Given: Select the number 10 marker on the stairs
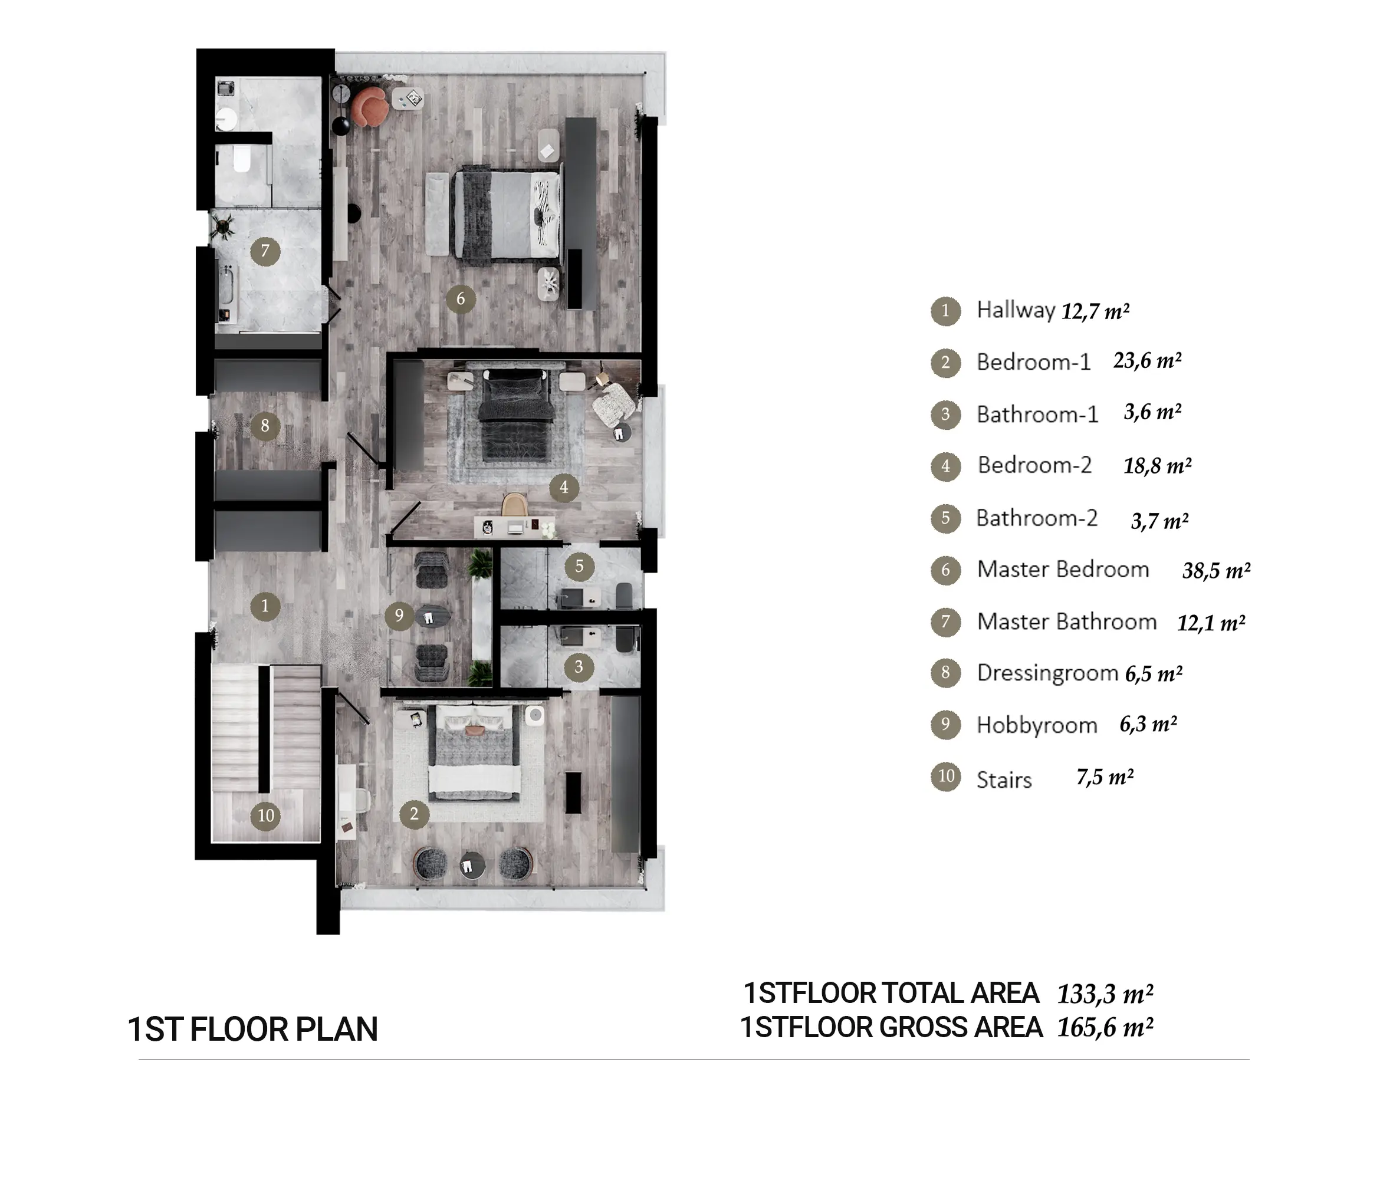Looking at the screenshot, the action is tap(266, 815).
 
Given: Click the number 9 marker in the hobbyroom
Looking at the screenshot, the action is tap(399, 615).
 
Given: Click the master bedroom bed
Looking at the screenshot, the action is tap(507, 213).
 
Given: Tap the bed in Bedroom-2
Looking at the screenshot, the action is tap(516, 413).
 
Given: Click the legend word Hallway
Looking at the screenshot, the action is tap(1016, 310).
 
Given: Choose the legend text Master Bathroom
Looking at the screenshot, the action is tap(1067, 622).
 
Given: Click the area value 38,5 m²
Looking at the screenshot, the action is tap(1215, 571).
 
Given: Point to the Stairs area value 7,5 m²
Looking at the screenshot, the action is tap(1105, 777).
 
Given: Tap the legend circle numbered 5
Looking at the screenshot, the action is tap(946, 518).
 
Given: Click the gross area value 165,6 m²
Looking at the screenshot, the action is tap(1105, 1028).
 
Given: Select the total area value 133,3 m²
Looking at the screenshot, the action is tap(1105, 994).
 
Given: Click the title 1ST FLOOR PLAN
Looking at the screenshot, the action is tap(253, 1030).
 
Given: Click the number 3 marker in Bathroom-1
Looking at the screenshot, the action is tap(579, 667).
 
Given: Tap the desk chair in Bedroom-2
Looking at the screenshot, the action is tap(514, 505).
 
